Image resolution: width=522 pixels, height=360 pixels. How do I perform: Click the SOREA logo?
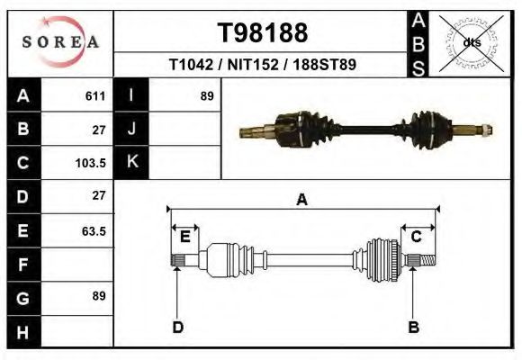(60, 42)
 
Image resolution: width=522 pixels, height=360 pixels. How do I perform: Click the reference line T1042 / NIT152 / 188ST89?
(263, 65)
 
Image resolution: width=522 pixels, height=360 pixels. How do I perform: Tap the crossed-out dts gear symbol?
(472, 42)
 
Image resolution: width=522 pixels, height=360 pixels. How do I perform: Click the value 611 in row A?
(94, 96)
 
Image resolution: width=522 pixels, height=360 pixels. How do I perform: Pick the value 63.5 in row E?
(94, 231)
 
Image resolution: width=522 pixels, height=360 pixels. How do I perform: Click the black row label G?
(23, 298)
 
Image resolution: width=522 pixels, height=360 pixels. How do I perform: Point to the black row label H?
(23, 332)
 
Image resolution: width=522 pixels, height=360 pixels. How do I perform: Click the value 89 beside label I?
(206, 95)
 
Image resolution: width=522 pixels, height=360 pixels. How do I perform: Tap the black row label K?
(131, 163)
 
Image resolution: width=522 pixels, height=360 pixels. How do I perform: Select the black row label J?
(131, 129)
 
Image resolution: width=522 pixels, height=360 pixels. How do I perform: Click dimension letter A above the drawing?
(302, 200)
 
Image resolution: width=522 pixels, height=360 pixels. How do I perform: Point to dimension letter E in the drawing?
(184, 237)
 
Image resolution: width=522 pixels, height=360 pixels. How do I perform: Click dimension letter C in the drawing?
(417, 237)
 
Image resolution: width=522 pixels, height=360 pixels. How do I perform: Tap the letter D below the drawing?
(177, 327)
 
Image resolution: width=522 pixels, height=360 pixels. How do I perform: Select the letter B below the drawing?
(414, 327)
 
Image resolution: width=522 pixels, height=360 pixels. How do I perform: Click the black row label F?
(23, 265)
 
